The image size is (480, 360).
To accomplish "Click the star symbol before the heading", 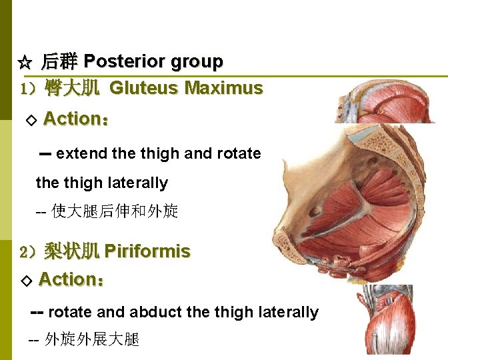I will tap(24, 63).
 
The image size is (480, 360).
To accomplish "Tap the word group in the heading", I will tap(197, 62).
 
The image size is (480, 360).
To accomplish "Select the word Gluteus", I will tap(144, 88).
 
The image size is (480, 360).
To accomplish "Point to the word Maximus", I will tap(223, 88).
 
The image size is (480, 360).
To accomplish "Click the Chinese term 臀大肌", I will tap(72, 88).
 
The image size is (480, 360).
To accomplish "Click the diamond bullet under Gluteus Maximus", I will tap(29, 121).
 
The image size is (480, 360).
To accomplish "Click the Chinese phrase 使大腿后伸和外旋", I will tap(115, 212).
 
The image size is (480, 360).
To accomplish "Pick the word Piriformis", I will tap(147, 251).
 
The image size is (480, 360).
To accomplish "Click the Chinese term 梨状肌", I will tap(72, 251).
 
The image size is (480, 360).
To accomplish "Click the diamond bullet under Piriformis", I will tap(26, 281).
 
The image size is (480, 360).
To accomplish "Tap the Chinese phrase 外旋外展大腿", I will tap(91, 339).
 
